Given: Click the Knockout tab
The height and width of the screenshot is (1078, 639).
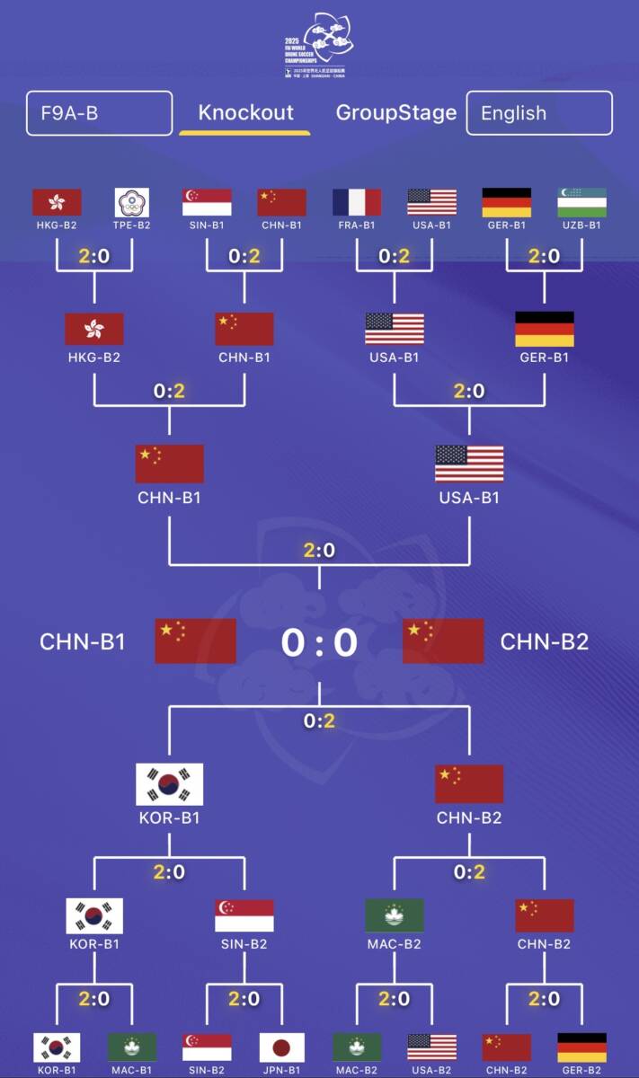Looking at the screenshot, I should click(245, 113).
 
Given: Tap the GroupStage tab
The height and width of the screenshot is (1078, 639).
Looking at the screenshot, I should click(396, 113).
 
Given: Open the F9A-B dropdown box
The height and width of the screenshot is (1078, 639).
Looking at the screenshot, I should click(99, 113).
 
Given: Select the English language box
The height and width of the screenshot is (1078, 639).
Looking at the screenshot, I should click(539, 113).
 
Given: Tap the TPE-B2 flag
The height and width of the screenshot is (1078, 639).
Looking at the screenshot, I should click(132, 202).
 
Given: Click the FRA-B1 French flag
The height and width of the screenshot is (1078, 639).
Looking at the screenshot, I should click(357, 202).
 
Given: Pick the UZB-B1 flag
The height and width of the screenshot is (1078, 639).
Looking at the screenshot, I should click(581, 202).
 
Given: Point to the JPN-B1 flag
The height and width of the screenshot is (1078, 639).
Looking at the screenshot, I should click(282, 1047).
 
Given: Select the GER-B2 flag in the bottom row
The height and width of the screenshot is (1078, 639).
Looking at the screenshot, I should click(581, 1047).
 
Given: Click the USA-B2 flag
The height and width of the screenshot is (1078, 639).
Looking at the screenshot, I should click(431, 1047).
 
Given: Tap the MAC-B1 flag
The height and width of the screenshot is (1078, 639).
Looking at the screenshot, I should click(132, 1047).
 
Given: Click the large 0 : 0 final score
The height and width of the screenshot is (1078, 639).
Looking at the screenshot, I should click(319, 642).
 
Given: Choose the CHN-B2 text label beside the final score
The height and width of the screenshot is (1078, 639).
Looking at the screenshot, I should click(545, 641).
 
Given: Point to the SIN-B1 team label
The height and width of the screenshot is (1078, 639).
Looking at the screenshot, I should click(207, 225).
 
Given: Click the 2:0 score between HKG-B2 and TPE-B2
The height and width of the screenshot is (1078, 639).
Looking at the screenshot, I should click(94, 256).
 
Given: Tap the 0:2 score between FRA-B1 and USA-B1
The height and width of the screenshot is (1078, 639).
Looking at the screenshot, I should click(395, 256).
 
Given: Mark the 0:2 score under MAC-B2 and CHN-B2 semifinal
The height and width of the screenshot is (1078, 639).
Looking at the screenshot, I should click(469, 871).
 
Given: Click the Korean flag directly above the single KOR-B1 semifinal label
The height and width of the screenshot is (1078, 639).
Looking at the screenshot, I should click(169, 784).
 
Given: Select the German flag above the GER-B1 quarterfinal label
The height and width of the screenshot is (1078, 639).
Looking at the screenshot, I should click(544, 329).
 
